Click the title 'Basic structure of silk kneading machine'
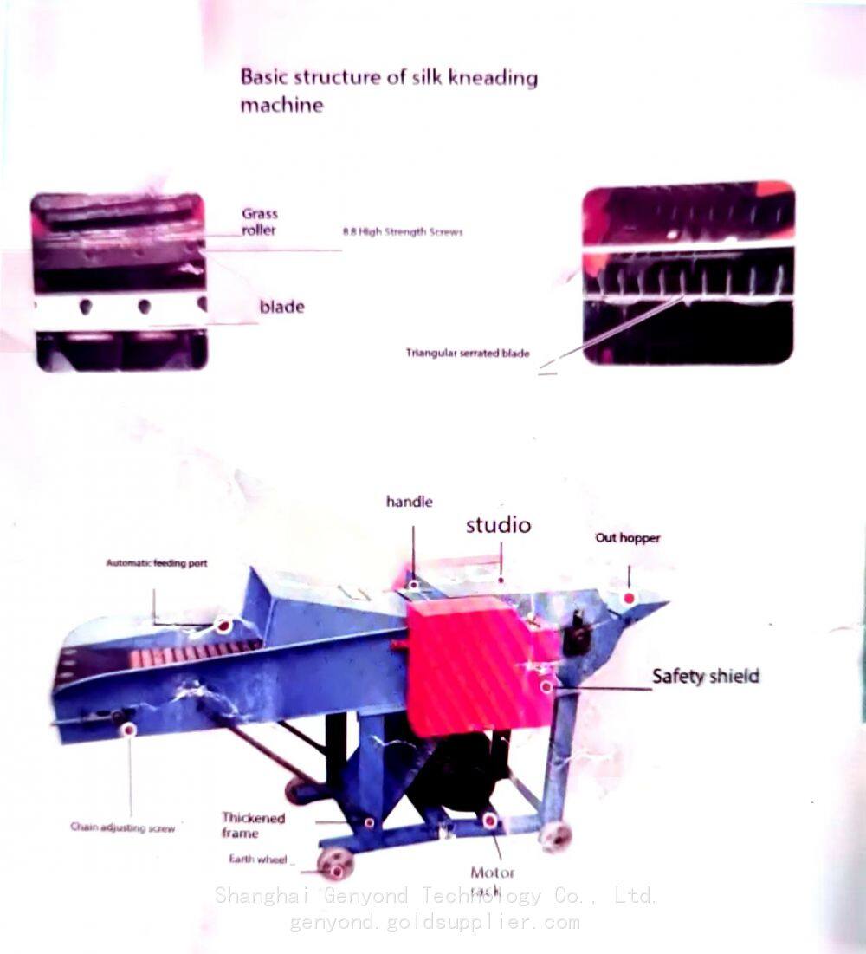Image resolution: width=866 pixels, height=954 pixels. pyautogui.click(x=388, y=90)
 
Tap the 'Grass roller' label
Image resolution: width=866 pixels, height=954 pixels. pyautogui.click(x=259, y=222)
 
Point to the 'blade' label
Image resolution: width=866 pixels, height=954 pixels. pyautogui.click(x=281, y=307)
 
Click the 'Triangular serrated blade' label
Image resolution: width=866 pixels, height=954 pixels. pyautogui.click(x=468, y=353)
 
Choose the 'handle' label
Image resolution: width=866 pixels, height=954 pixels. pyautogui.click(x=409, y=502)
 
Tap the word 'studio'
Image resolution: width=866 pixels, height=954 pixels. pyautogui.click(x=498, y=525)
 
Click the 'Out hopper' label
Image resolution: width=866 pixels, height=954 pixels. pyautogui.click(x=627, y=538)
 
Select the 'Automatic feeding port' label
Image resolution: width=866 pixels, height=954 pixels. pyautogui.click(x=156, y=563)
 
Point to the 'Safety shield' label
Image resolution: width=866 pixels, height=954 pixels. pyautogui.click(x=705, y=676)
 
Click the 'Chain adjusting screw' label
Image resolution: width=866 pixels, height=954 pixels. pyautogui.click(x=122, y=827)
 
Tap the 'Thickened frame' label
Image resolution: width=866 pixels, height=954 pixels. pyautogui.click(x=253, y=825)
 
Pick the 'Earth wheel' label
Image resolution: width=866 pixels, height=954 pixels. pyautogui.click(x=258, y=860)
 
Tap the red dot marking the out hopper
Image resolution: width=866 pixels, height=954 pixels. pyautogui.click(x=629, y=599)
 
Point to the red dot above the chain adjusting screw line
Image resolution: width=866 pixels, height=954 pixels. pyautogui.click(x=130, y=730)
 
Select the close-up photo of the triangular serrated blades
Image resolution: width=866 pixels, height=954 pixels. pyautogui.click(x=688, y=273)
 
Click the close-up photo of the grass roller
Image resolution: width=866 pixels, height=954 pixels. pyautogui.click(x=120, y=282)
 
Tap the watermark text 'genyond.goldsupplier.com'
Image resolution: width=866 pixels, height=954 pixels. pyautogui.click(x=434, y=922)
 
